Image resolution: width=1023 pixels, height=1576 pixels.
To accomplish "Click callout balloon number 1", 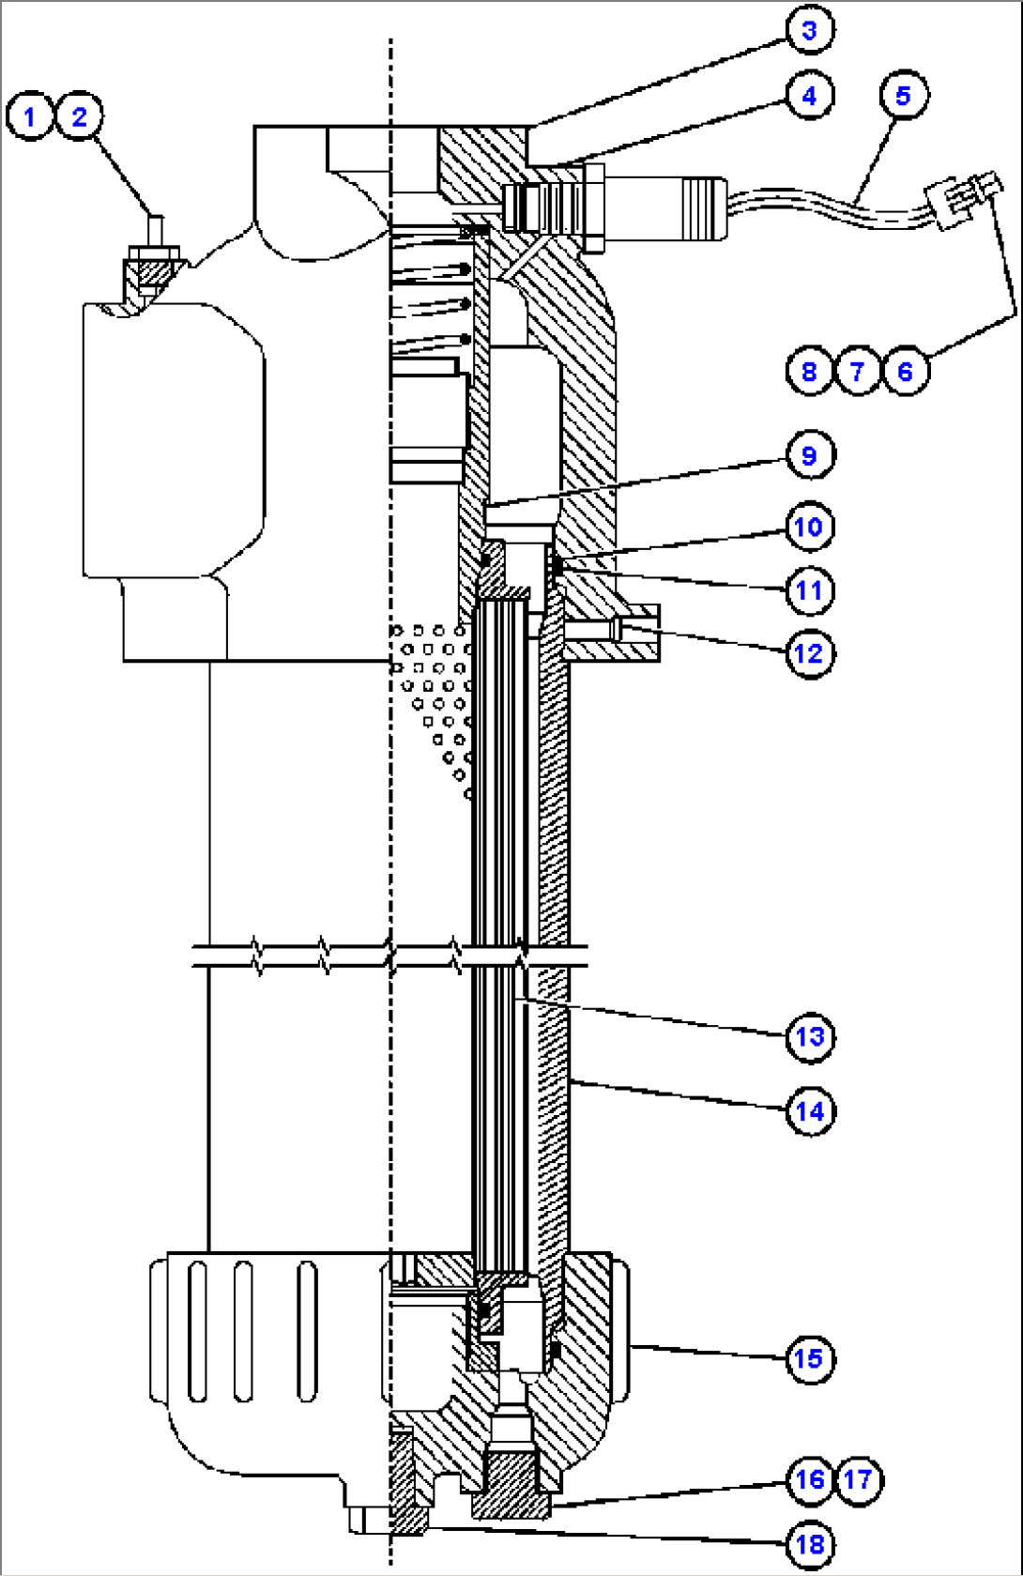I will pyautogui.click(x=30, y=116).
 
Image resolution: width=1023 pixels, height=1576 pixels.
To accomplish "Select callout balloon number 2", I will pyautogui.click(x=79, y=116).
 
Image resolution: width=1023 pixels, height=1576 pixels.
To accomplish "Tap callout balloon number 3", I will pyautogui.click(x=809, y=30).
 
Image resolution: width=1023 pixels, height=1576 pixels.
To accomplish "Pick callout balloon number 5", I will pyautogui.click(x=903, y=95).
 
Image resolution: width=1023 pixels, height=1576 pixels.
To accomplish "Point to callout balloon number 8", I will pyautogui.click(x=809, y=371).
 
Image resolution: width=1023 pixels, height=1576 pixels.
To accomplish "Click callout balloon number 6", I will pyautogui.click(x=905, y=371).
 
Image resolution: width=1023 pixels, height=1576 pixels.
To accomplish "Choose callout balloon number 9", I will pyautogui.click(x=809, y=455).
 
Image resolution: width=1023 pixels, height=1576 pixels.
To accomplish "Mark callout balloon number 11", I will pyautogui.click(x=809, y=590).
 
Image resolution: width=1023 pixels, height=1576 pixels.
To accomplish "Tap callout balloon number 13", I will pyautogui.click(x=809, y=1037).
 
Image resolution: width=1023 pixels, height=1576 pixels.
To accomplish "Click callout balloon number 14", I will pyautogui.click(x=809, y=1110).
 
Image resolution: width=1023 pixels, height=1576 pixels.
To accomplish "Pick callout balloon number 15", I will pyautogui.click(x=809, y=1358).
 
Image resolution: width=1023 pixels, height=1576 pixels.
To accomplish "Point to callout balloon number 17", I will pyautogui.click(x=857, y=1480).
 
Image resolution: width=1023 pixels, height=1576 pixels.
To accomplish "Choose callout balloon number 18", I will pyautogui.click(x=809, y=1544).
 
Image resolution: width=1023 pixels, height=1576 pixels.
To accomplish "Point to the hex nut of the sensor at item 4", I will pyautogui.click(x=593, y=208).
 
